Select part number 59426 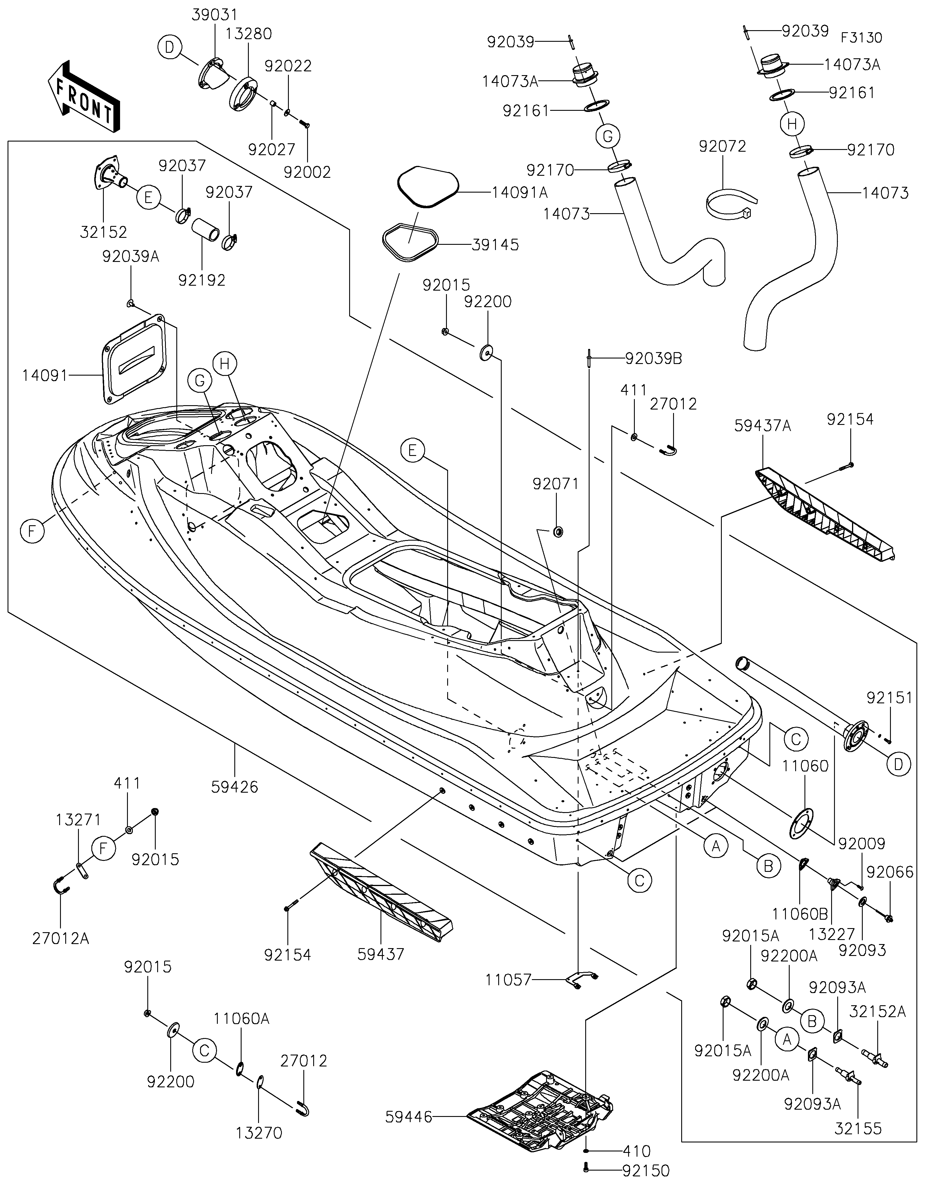[234, 787]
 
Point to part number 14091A [519, 193]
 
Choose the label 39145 [495, 245]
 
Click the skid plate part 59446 [541, 1107]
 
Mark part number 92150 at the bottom [646, 1171]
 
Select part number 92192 [202, 280]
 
